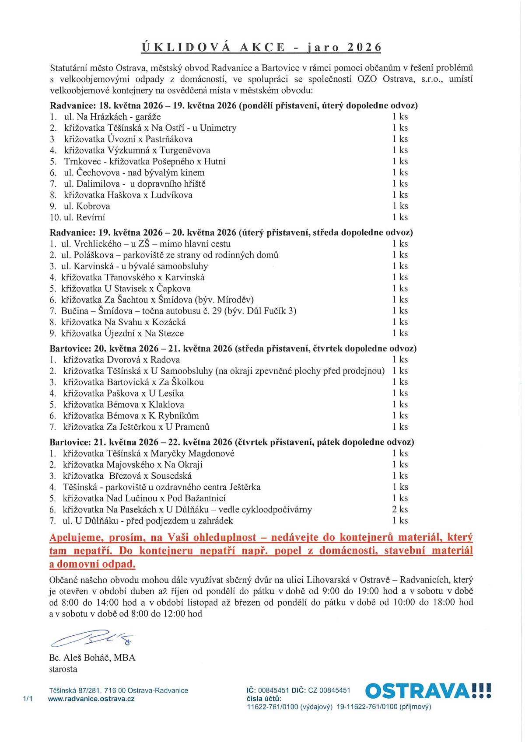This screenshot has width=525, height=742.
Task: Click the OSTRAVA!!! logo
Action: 427,691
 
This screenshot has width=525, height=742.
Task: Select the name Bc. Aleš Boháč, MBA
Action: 92,658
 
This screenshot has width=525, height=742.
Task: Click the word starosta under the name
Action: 63,669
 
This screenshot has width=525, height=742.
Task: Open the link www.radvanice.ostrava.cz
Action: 91,699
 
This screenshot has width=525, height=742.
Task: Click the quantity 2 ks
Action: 400,509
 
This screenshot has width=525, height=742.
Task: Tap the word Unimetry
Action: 218,128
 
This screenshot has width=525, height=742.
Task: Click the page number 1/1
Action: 28,699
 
